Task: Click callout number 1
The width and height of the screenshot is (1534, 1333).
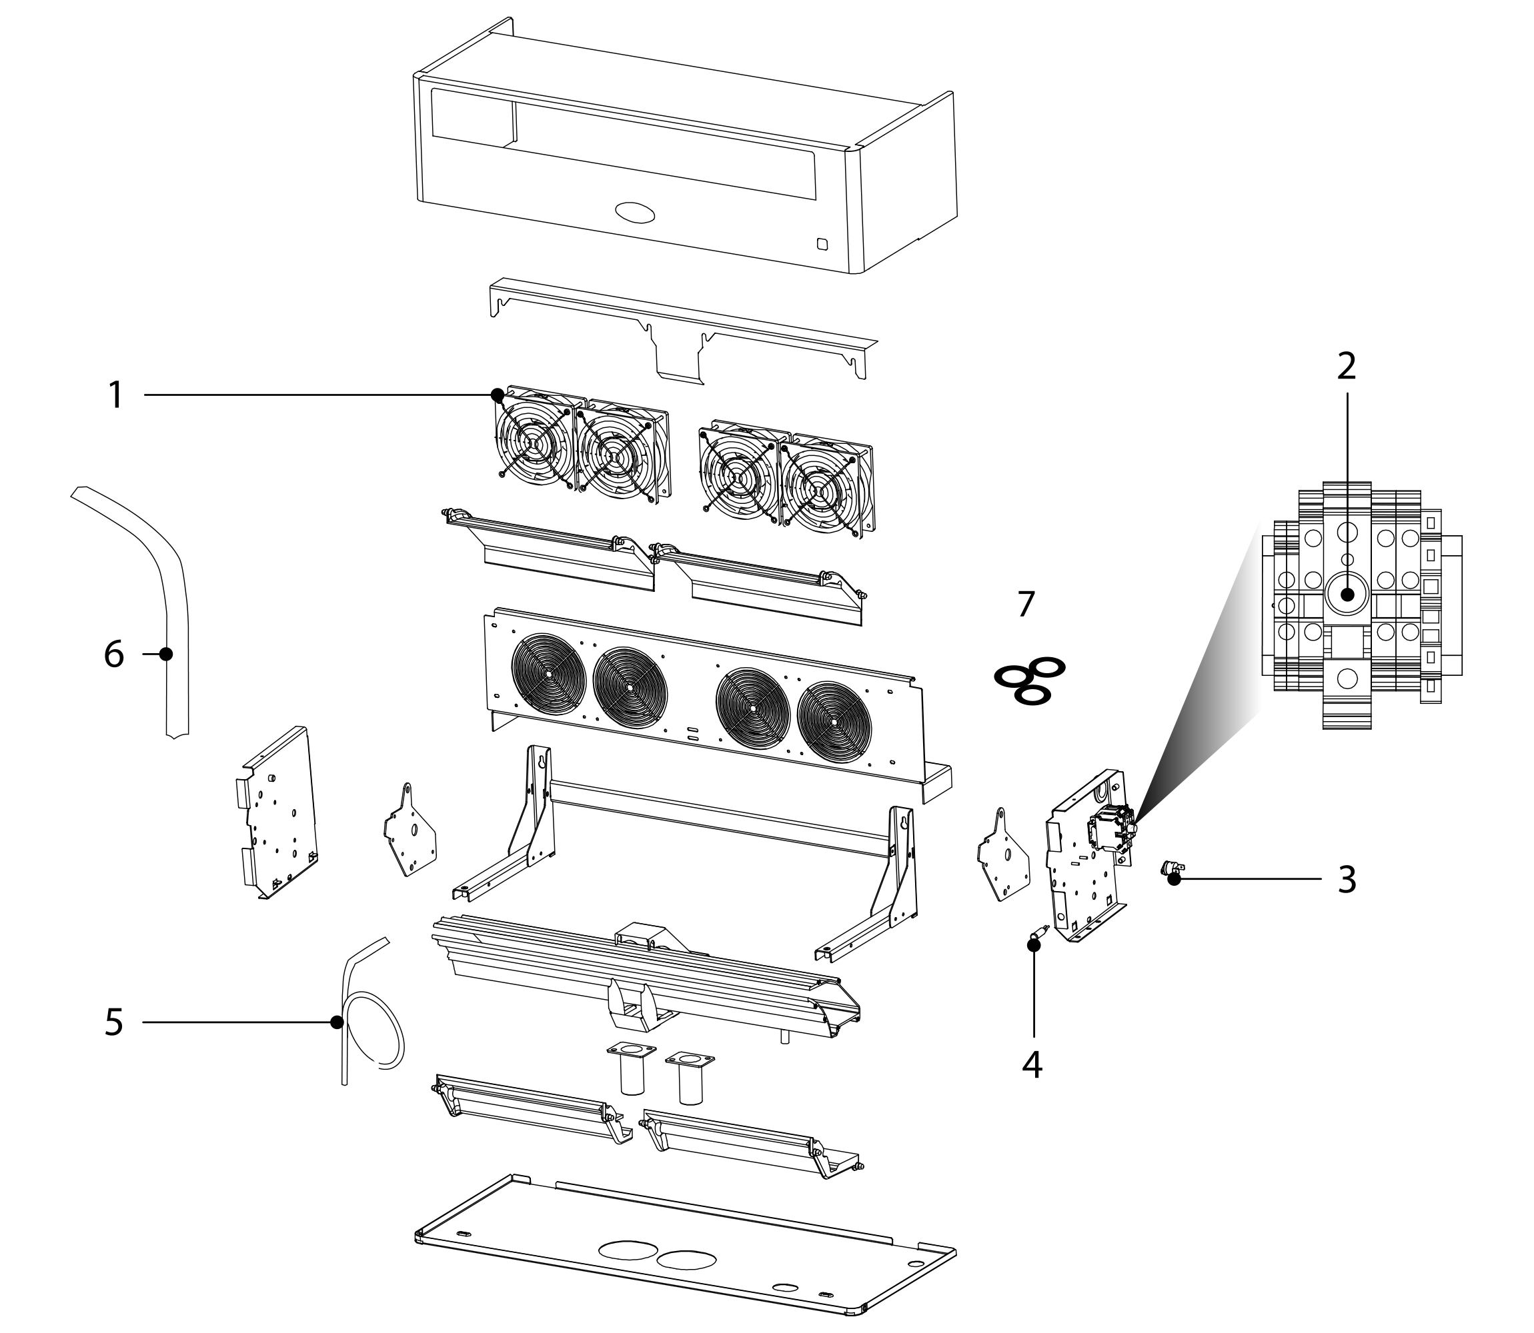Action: pyautogui.click(x=115, y=395)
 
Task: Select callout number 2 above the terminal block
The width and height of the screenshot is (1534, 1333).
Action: pyautogui.click(x=1347, y=366)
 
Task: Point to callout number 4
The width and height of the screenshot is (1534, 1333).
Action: pyautogui.click(x=1032, y=1065)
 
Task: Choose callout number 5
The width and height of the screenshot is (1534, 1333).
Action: pyautogui.click(x=113, y=1023)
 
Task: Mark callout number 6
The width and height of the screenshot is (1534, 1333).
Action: pyautogui.click(x=113, y=655)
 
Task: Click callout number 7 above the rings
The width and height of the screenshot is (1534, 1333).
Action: pyautogui.click(x=1026, y=604)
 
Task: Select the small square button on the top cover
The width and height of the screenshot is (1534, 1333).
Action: pyautogui.click(x=822, y=243)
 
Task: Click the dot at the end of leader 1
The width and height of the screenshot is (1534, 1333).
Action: pyautogui.click(x=497, y=395)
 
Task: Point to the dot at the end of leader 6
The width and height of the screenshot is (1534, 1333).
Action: pyautogui.click(x=166, y=654)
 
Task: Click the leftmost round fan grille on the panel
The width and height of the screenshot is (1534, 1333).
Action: pyautogui.click(x=548, y=672)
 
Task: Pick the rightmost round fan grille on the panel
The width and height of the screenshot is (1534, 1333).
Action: pyautogui.click(x=834, y=722)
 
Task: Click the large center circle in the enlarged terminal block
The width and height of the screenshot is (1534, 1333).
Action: pyautogui.click(x=1347, y=595)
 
